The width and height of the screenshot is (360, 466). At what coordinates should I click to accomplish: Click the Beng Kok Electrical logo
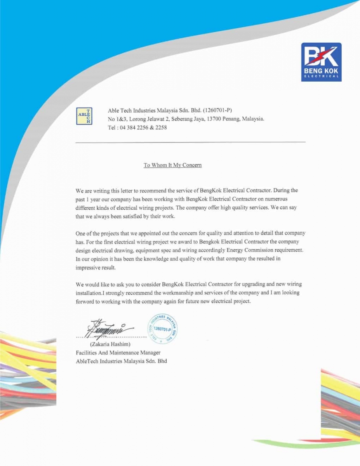(321, 62)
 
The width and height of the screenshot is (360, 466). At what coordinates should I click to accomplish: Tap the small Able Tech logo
(84, 116)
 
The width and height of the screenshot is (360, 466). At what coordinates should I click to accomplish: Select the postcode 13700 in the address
(215, 119)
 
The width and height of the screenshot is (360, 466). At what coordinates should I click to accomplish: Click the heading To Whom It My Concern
(172, 165)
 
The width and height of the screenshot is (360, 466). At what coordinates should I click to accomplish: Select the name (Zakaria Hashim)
(110, 344)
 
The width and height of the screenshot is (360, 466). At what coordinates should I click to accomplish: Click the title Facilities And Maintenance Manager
(118, 353)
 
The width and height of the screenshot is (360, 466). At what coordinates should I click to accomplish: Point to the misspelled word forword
(85, 301)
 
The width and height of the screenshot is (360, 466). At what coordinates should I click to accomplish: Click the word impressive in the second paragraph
(88, 268)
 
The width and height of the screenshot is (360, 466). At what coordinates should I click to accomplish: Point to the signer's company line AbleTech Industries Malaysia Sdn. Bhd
(121, 361)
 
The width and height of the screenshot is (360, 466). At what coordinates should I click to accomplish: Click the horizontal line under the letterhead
(190, 142)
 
